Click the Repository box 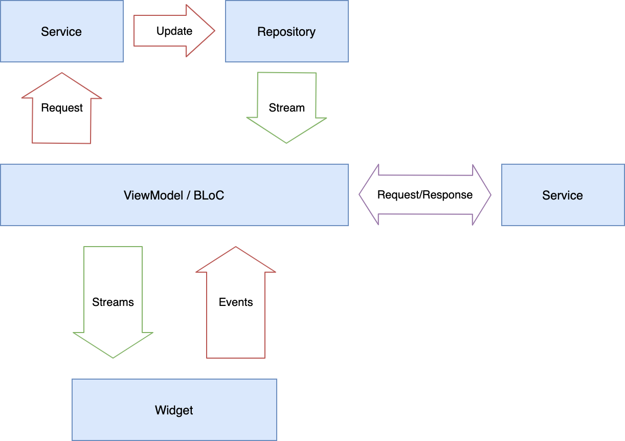click(x=286, y=31)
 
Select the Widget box click(x=174, y=410)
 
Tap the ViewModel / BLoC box click(x=174, y=195)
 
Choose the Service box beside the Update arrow click(x=61, y=31)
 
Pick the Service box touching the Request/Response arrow click(x=563, y=195)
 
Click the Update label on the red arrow click(x=174, y=31)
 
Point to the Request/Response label click(x=425, y=195)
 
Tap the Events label click(x=236, y=302)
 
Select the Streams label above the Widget click(x=113, y=302)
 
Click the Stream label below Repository click(x=286, y=108)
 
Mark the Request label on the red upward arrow click(x=62, y=108)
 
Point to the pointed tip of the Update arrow click(x=214, y=31)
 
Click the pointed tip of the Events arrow click(x=236, y=248)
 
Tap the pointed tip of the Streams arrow click(x=113, y=357)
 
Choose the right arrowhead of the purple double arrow click(x=489, y=195)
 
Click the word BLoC click(x=209, y=195)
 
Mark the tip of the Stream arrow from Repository click(x=286, y=142)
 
